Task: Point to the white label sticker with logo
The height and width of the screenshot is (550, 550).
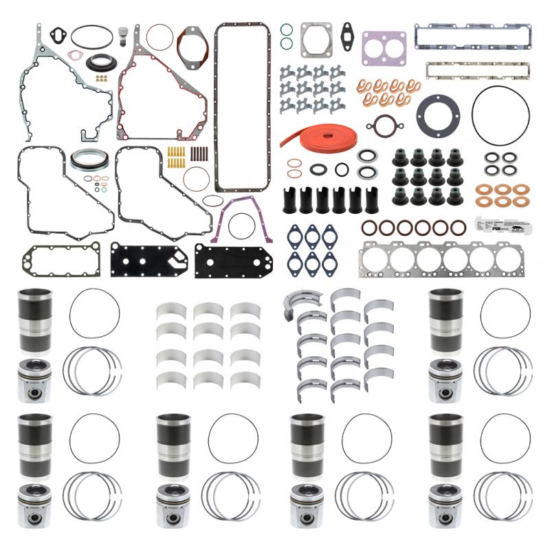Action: pos(503,224)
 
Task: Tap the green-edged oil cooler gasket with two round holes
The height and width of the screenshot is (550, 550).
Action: pos(51,260)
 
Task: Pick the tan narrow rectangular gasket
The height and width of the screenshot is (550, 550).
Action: pos(476,69)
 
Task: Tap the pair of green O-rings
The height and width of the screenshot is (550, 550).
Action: pos(287,37)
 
